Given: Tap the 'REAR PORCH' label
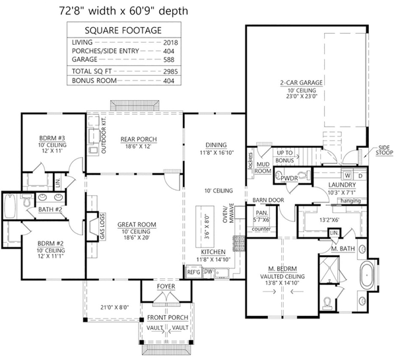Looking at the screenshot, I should pyautogui.click(x=137, y=139).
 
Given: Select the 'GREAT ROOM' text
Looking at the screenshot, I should pyautogui.click(x=137, y=225).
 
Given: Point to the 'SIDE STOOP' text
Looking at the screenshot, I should pyautogui.click(x=383, y=151).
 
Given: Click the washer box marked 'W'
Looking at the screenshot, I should pyautogui.click(x=346, y=175).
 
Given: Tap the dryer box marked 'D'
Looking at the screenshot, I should pyautogui.click(x=360, y=175).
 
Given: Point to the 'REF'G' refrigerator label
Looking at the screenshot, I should pyautogui.click(x=193, y=272).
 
